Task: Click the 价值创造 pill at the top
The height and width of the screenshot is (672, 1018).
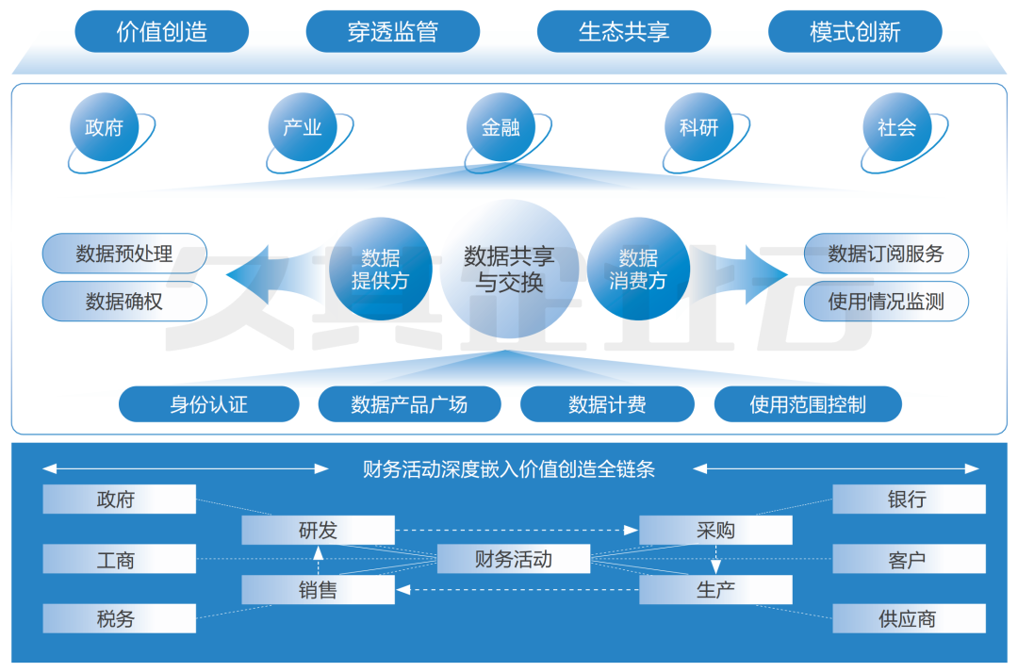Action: pos(161,31)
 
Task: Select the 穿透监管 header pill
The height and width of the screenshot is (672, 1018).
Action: pos(392,31)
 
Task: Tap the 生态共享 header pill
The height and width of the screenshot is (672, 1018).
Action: pos(624,31)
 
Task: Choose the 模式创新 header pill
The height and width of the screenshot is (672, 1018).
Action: pos(855,31)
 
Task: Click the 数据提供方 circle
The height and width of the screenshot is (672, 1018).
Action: pos(380,269)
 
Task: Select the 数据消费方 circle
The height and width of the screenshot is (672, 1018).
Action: pos(638,269)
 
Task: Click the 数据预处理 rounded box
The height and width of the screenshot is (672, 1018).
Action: pos(124,254)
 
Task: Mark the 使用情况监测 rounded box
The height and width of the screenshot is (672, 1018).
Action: pos(886,302)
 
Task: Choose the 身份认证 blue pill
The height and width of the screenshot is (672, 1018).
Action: pos(208,404)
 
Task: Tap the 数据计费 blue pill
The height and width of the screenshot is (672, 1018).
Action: pos(607,404)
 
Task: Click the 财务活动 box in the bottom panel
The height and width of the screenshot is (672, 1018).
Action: pos(514,559)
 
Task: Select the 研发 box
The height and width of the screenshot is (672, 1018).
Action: pos(318,530)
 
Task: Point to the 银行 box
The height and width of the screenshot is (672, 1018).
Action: pos(909,500)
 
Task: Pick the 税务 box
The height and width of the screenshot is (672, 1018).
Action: pos(119,618)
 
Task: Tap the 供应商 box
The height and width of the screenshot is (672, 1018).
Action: pos(909,618)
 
